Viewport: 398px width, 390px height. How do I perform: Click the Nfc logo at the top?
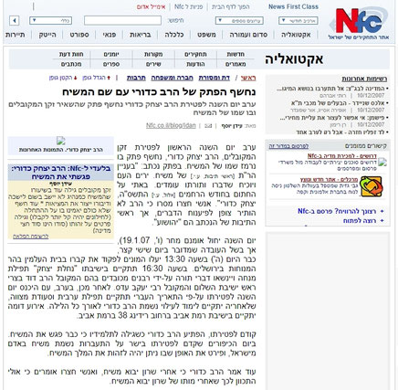[x=361, y=19]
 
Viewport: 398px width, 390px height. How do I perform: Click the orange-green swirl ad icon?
[x=370, y=186]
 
